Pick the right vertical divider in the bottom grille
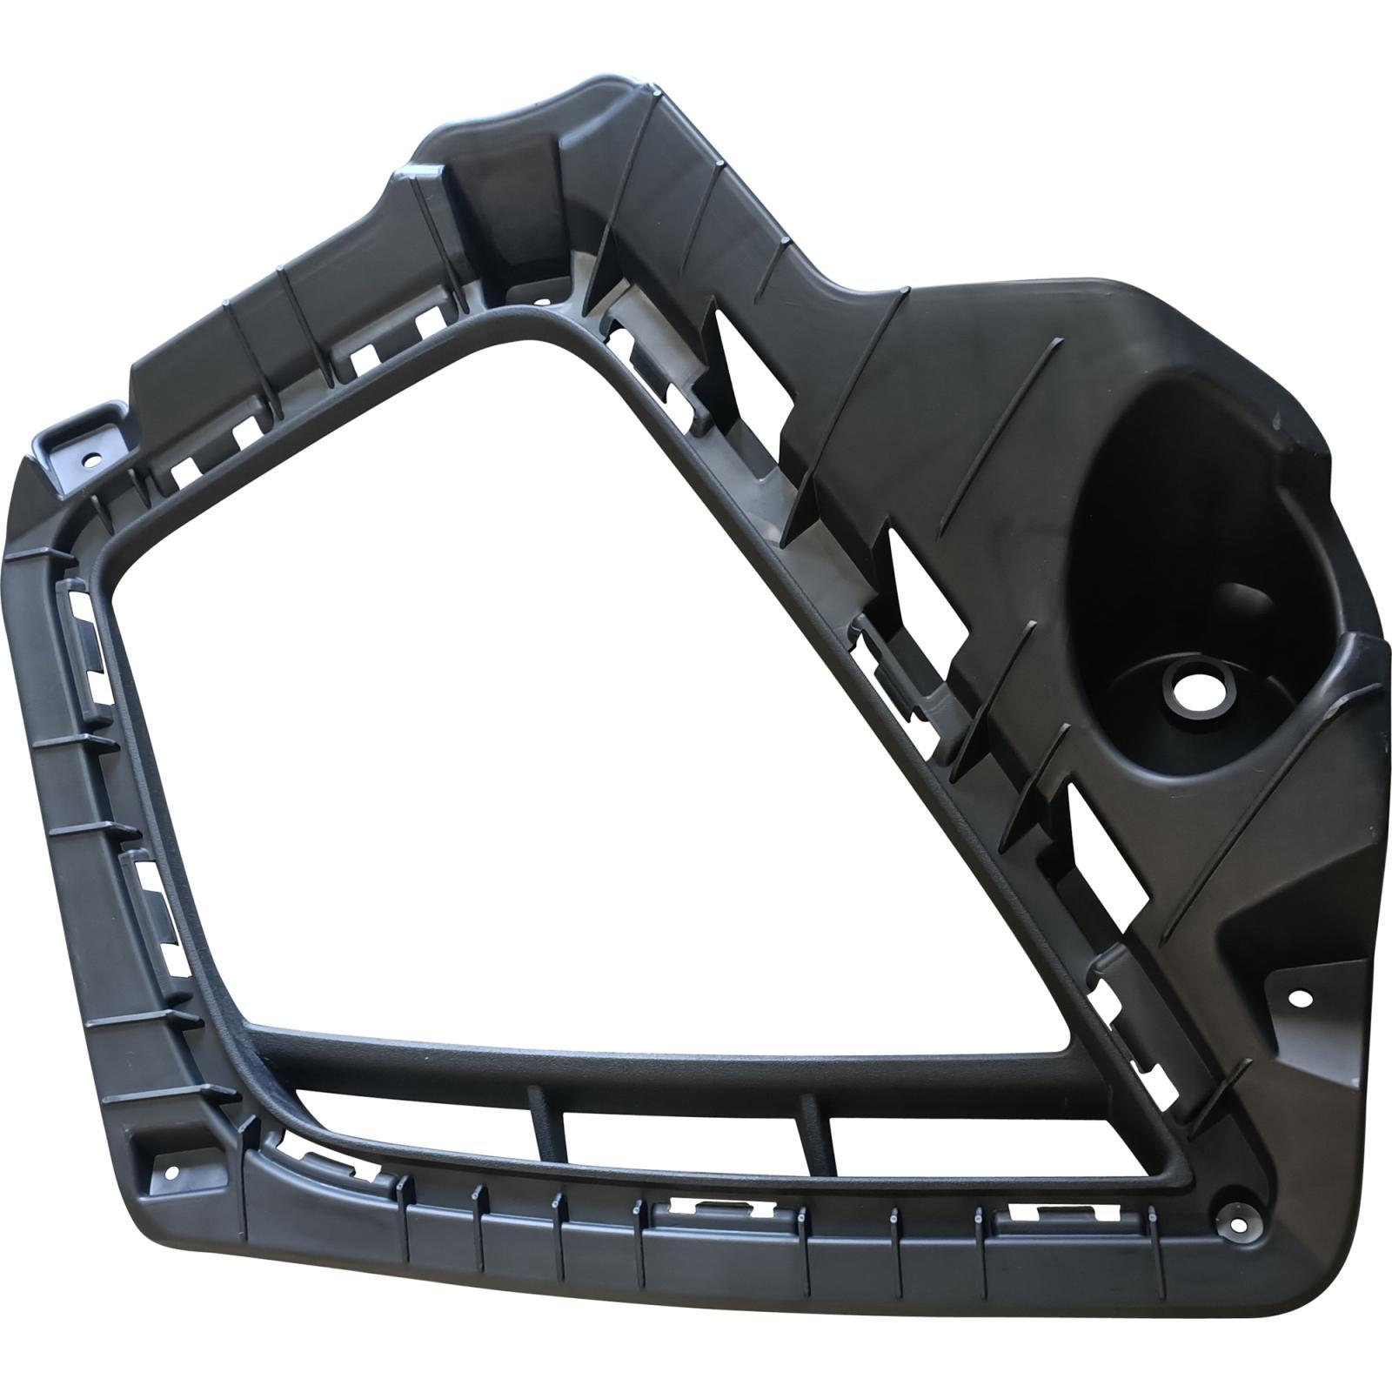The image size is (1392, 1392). click(x=816, y=1131)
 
